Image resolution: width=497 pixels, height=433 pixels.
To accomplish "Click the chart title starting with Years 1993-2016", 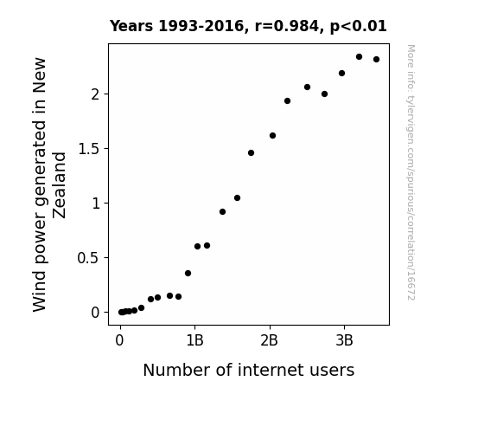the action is pyautogui.click(x=248, y=26).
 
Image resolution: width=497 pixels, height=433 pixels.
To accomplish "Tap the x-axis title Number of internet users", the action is pyautogui.click(x=249, y=370).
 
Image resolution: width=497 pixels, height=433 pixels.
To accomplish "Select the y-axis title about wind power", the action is pyautogui.click(x=48, y=184).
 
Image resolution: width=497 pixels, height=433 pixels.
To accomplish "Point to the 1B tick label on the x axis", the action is pyautogui.click(x=194, y=341).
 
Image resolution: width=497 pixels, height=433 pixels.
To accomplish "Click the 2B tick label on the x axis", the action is pyautogui.click(x=269, y=341).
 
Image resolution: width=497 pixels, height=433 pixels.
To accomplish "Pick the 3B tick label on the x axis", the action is pyautogui.click(x=344, y=341).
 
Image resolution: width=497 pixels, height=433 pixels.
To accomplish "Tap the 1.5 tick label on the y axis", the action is pyautogui.click(x=89, y=149).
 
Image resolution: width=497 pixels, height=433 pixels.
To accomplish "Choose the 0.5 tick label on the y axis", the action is pyautogui.click(x=88, y=258).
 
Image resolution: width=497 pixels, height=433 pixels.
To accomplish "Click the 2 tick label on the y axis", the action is pyautogui.click(x=95, y=94).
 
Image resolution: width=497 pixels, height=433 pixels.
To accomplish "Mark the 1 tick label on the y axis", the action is pyautogui.click(x=96, y=204).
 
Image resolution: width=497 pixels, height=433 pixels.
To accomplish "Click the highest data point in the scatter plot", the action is pyautogui.click(x=359, y=57).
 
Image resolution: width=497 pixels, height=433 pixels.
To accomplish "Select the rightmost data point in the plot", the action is pyautogui.click(x=376, y=60).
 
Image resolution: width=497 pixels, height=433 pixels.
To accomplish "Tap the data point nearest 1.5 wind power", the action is pyautogui.click(x=251, y=152).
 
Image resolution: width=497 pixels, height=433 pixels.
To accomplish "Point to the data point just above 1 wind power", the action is pyautogui.click(x=237, y=198).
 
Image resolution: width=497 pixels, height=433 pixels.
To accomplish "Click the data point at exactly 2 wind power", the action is pyautogui.click(x=324, y=94).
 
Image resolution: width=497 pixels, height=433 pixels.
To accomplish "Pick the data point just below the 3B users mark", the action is pyautogui.click(x=341, y=74).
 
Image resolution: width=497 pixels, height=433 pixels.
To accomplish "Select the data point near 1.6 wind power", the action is pyautogui.click(x=272, y=136).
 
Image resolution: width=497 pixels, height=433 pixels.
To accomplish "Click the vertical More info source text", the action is pyautogui.click(x=411, y=172).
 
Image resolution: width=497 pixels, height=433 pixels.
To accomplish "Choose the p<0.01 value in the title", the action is pyautogui.click(x=359, y=27).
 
